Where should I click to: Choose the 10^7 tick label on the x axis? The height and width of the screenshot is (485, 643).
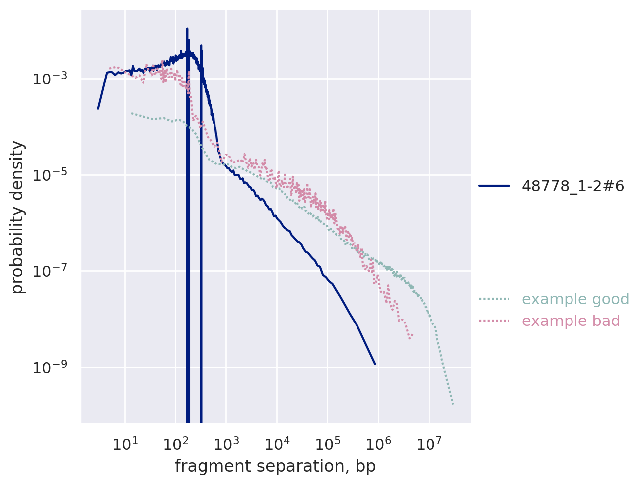pos(429,443)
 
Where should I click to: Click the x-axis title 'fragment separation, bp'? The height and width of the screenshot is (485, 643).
pos(275,466)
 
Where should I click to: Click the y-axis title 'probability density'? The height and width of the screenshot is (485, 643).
pos(18,217)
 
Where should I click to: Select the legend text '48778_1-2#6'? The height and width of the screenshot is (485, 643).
pos(572,186)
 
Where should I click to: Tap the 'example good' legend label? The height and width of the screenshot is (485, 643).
pos(575,299)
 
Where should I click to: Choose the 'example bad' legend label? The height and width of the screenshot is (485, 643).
pos(571,321)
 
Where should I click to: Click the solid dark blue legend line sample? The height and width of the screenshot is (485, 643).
pos(495,186)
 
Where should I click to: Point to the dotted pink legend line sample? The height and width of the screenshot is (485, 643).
pos(495,321)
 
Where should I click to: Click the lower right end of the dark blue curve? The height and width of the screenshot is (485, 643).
pos(375,364)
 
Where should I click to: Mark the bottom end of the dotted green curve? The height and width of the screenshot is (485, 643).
pos(453,404)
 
